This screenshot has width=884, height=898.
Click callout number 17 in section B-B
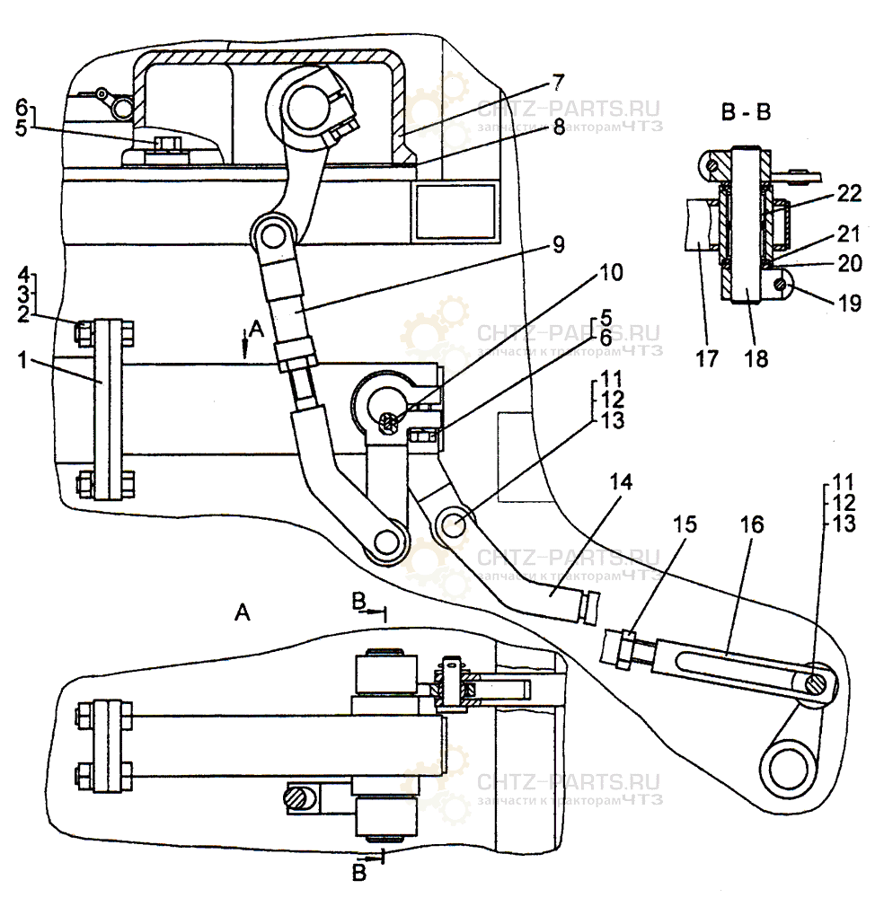tap(707, 358)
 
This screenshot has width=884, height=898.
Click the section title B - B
tap(745, 113)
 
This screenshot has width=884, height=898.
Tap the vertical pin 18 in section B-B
tap(747, 233)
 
